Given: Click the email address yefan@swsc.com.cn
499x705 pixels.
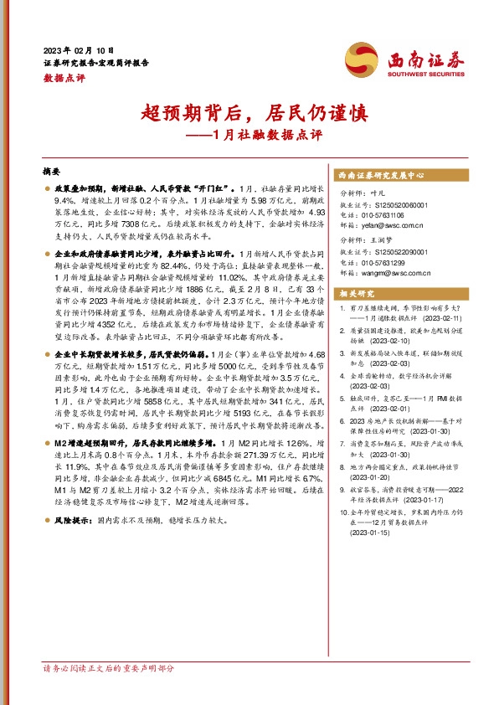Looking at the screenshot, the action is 395,225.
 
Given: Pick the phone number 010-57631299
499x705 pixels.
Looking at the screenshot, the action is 390,262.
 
